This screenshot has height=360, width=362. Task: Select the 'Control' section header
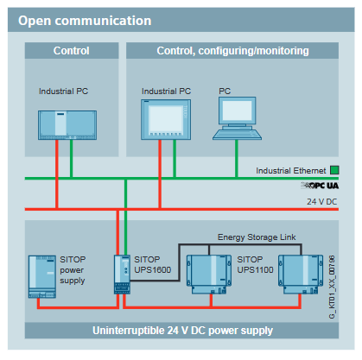point(71,51)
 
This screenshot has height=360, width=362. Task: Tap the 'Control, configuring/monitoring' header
point(232,51)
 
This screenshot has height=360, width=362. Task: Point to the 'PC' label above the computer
point(225,90)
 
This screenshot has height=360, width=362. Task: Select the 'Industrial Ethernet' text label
point(291,171)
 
